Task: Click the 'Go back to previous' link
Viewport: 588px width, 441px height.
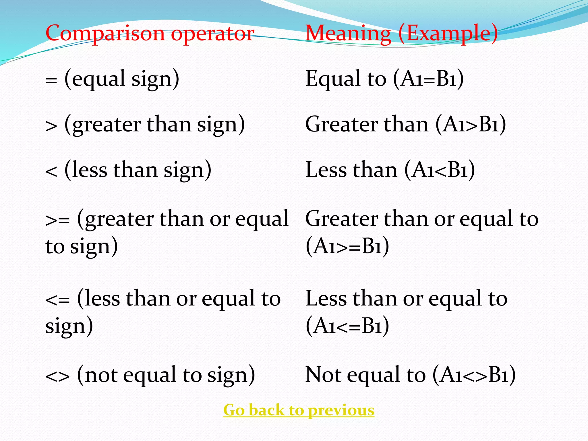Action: click(299, 410)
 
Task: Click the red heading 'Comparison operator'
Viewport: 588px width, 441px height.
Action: click(150, 33)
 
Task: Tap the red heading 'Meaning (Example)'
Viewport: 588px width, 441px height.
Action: click(401, 33)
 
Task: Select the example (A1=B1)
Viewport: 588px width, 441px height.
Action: click(428, 79)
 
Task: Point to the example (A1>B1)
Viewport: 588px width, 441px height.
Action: click(471, 125)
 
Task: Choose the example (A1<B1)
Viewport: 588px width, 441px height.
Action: click(440, 170)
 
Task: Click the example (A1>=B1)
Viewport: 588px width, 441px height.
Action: click(347, 246)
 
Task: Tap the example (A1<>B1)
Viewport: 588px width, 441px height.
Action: click(474, 375)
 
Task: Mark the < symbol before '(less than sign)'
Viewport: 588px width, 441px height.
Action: click(51, 172)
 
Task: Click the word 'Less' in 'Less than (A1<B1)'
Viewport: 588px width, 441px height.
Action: click(326, 170)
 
